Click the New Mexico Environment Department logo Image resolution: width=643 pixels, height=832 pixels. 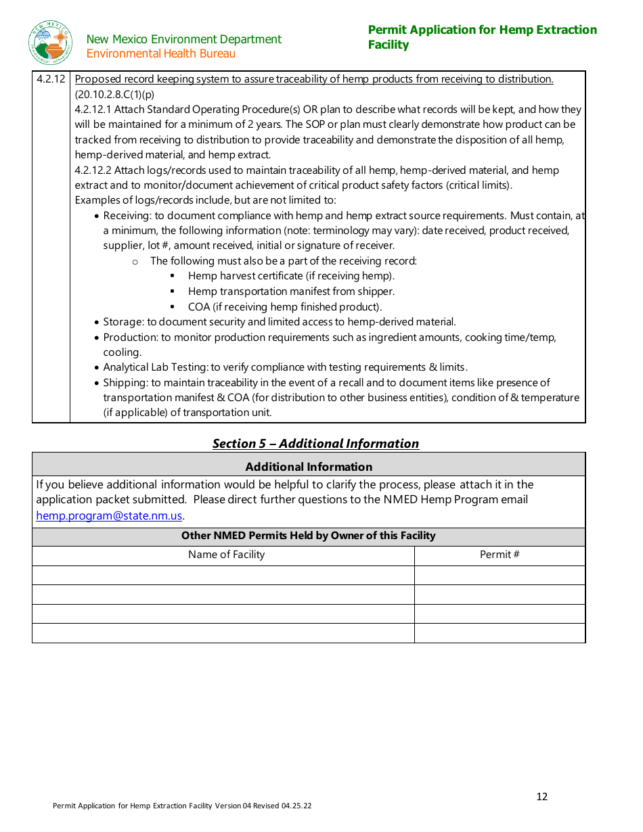(50, 43)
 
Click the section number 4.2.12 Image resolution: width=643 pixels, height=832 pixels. (51, 79)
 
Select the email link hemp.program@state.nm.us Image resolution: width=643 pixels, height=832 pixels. (109, 515)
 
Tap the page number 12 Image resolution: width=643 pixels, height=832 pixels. (541, 796)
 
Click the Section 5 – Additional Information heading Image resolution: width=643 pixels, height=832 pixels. (315, 444)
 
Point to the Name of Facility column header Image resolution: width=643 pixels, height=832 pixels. (226, 555)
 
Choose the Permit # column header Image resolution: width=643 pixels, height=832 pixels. (500, 555)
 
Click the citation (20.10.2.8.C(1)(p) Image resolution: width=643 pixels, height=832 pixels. (114, 95)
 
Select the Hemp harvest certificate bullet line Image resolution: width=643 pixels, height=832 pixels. (291, 276)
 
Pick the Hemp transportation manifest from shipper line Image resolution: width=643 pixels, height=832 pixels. (291, 292)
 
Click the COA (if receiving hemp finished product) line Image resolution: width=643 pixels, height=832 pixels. (285, 307)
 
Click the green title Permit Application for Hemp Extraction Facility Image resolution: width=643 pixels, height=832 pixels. (482, 37)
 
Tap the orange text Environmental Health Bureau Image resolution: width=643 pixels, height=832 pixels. (161, 54)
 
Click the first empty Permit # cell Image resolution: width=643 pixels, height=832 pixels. (500, 575)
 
